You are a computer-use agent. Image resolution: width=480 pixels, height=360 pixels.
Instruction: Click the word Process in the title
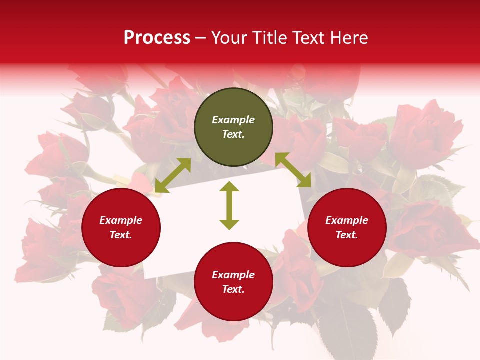click(x=157, y=38)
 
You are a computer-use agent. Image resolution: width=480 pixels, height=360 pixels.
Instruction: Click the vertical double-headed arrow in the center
click(x=229, y=205)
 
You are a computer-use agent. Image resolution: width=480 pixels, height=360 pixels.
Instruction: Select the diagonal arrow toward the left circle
click(x=173, y=175)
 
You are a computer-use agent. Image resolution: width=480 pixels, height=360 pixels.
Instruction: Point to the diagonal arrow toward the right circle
click(x=293, y=170)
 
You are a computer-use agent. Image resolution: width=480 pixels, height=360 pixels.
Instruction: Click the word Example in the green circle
click(x=233, y=120)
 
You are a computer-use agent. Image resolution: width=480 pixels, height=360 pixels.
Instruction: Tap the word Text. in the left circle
click(x=121, y=235)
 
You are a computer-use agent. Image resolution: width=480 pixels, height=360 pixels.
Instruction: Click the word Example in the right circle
click(x=347, y=220)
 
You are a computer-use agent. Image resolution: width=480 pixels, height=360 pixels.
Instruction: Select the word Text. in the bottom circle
click(x=233, y=289)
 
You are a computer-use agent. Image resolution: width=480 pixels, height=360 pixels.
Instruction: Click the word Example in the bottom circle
click(x=233, y=275)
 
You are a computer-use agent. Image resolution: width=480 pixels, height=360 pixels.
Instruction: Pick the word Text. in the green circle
click(x=233, y=134)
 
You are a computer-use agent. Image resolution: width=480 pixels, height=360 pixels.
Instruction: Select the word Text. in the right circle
click(x=347, y=235)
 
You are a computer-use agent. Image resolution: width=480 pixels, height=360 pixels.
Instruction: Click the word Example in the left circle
click(x=121, y=220)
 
